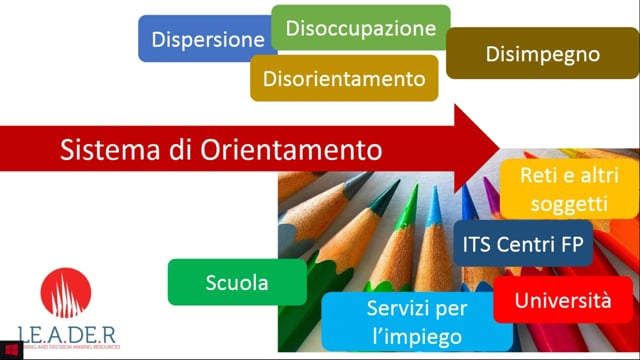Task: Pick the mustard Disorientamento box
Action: [x=344, y=78]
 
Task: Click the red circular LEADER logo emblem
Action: [x=66, y=295]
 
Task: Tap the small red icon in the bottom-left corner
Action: [x=12, y=349]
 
